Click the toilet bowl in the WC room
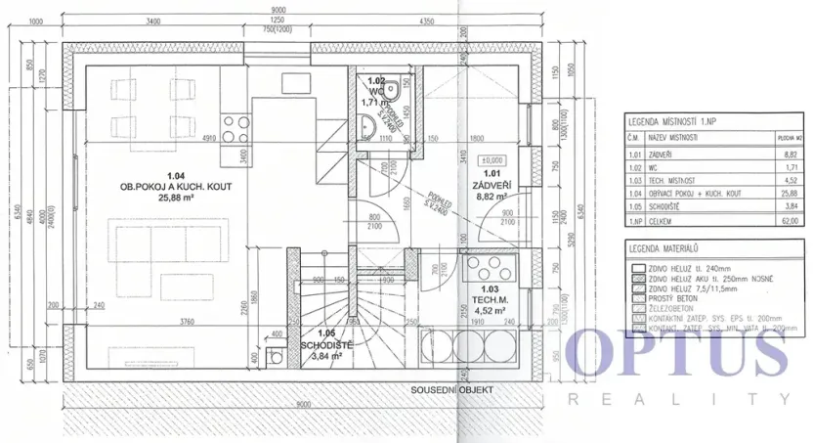pyautogui.click(x=390, y=91)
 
